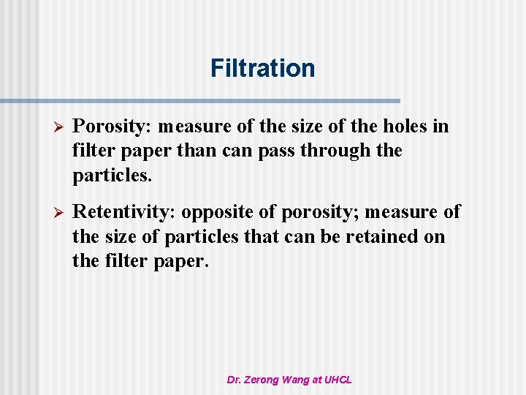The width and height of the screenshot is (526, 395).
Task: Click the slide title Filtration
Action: coord(262,68)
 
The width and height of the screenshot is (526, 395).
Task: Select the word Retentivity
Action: coord(125,212)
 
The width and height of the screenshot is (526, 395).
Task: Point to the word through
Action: coord(337,151)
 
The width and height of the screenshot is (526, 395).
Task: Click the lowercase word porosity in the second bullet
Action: coord(319,213)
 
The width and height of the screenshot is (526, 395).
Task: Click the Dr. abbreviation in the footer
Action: coord(235,380)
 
